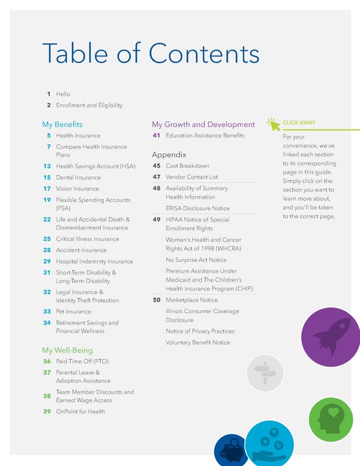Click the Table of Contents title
pyautogui.click(x=150, y=54)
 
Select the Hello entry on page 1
pyautogui.click(x=63, y=94)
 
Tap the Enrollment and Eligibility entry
pyautogui.click(x=89, y=105)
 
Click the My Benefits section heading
pyautogui.click(x=62, y=124)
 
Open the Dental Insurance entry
pyautogui.click(x=78, y=177)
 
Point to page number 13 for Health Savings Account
pyautogui.click(x=47, y=166)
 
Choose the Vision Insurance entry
pyautogui.click(x=77, y=189)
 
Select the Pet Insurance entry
pyautogui.click(x=73, y=312)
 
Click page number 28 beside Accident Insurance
pyautogui.click(x=47, y=250)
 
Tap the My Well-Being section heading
pyautogui.click(x=67, y=350)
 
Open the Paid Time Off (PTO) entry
pyautogui.click(x=82, y=362)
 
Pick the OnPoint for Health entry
pyautogui.click(x=80, y=411)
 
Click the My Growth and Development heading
pyautogui.click(x=203, y=124)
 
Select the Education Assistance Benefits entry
pyautogui.click(x=205, y=136)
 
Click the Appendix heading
pyautogui.click(x=169, y=154)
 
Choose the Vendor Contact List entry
pyautogui.click(x=191, y=177)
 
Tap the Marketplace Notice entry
pyautogui.click(x=191, y=300)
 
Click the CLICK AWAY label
pyautogui.click(x=299, y=123)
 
